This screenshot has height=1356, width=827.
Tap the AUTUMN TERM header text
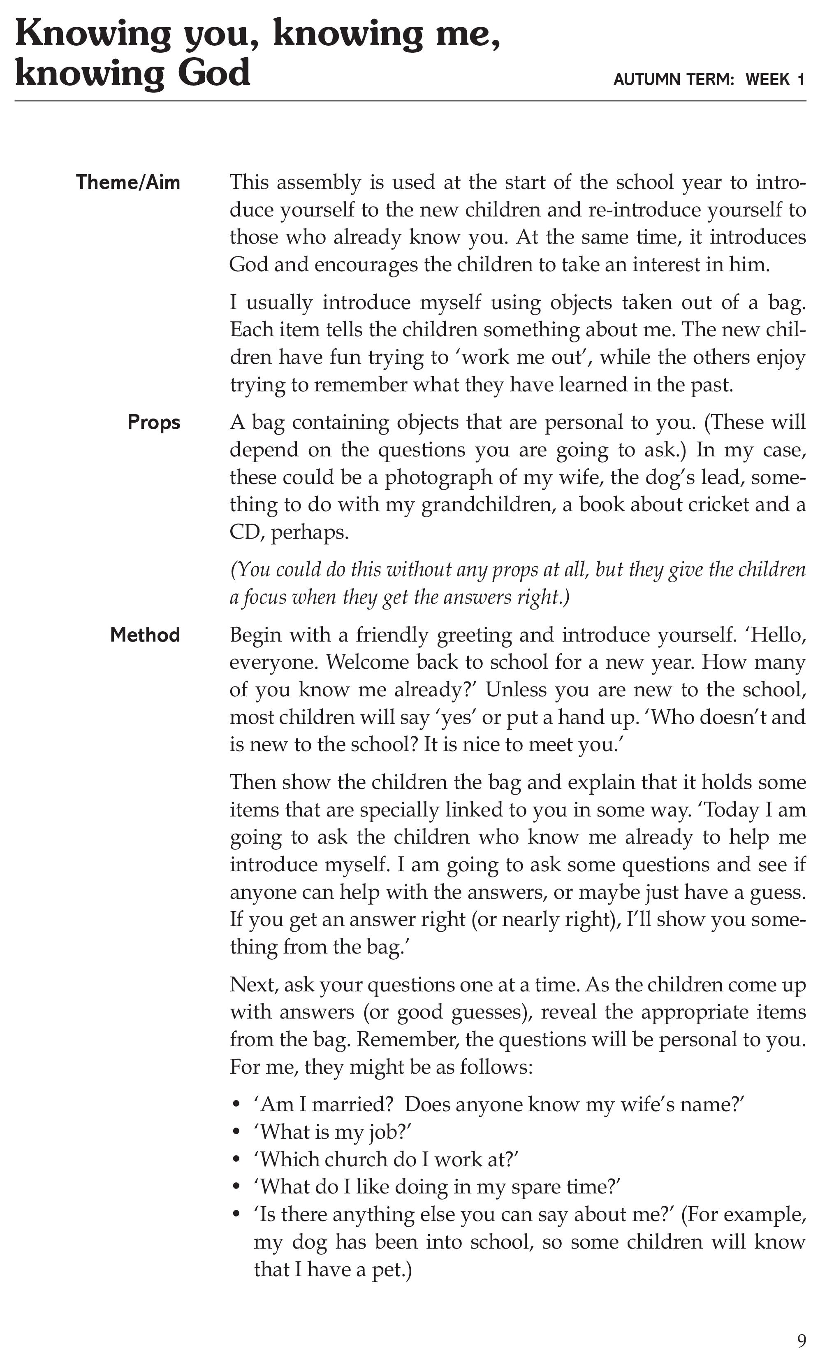[x=674, y=80]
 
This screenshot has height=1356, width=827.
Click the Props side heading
[x=154, y=423]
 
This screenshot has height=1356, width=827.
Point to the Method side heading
[x=145, y=635]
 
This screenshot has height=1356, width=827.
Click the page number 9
[x=801, y=1340]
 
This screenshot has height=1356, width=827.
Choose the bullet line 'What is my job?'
[x=333, y=1133]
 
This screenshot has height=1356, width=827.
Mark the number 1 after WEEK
[x=801, y=80]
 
